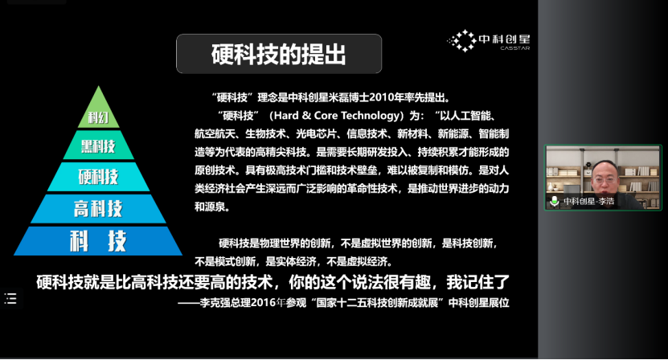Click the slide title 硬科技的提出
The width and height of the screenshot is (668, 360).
(279, 55)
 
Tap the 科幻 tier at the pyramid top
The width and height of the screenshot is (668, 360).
(98, 118)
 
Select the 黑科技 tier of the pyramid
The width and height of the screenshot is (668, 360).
(98, 146)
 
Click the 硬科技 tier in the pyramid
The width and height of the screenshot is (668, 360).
(98, 176)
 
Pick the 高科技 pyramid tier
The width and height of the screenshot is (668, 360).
(98, 208)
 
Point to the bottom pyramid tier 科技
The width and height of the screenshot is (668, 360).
(98, 239)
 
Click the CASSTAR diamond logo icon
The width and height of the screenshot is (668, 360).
(461, 40)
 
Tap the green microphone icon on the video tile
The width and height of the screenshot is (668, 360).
(554, 201)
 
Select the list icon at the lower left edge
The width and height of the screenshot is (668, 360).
(10, 299)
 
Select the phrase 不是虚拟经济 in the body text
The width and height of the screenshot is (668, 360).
(362, 260)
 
